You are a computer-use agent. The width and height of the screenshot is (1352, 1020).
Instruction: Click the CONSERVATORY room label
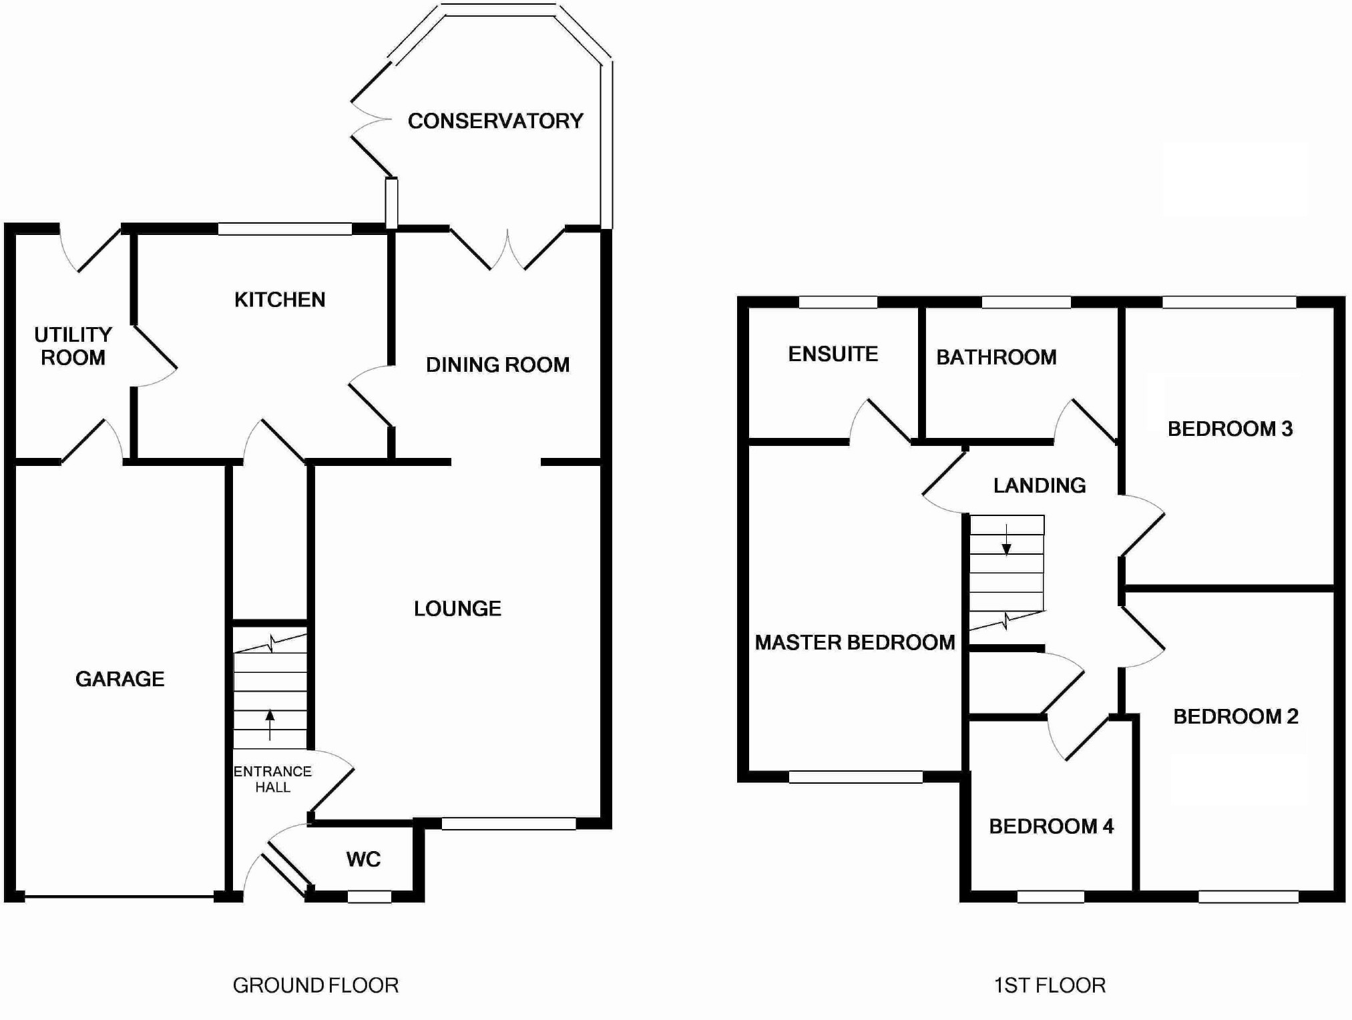pos(495,121)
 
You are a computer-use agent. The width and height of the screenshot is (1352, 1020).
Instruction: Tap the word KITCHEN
pos(280,300)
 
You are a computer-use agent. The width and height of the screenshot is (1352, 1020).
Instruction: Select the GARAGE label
pos(120,679)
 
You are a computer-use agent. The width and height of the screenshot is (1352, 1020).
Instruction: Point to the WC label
pos(363,859)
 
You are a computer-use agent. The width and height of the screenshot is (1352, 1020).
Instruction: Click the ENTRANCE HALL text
pos(272,779)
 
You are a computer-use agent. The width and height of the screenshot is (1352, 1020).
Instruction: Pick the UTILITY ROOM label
pos(73,346)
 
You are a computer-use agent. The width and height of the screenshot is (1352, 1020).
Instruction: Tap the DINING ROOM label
pos(498,364)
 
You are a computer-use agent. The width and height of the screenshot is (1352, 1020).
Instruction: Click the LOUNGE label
pos(457,608)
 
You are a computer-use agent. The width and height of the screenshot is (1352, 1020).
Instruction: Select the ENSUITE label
pos(833,354)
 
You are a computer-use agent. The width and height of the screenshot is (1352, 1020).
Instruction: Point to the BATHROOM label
pos(996,357)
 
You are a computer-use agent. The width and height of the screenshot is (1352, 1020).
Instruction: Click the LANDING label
pos(1040,485)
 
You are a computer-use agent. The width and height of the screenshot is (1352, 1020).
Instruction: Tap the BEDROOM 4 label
pos(1051,826)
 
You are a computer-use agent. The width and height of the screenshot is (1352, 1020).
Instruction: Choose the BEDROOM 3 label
pos(1230,429)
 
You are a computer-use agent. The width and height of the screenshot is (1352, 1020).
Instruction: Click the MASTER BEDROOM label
pos(855,642)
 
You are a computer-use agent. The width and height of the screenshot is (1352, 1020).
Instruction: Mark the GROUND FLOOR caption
pos(316,985)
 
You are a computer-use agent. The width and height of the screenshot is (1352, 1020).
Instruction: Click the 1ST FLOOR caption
pos(1050,985)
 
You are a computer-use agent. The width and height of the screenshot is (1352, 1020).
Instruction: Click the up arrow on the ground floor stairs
pos(270,724)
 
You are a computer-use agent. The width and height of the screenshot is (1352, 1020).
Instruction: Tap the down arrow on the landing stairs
pos(1006,541)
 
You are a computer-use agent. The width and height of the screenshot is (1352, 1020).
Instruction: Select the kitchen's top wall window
pos(285,229)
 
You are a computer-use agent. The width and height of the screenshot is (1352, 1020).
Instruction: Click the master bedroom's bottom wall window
pos(855,777)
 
